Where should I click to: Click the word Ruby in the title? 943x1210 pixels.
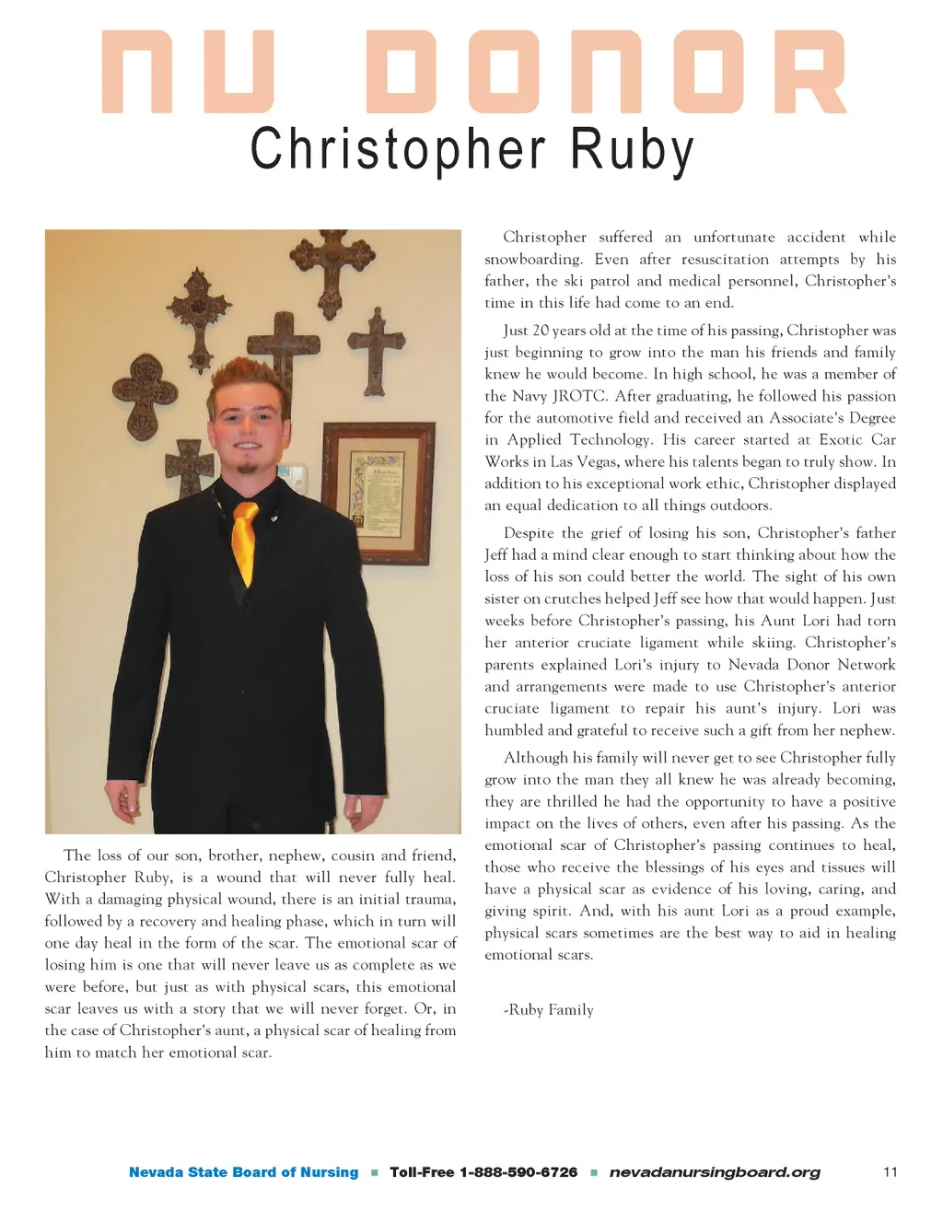(x=632, y=150)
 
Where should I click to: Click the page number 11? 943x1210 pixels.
(x=890, y=1172)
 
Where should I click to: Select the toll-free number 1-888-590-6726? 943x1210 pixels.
(x=483, y=1172)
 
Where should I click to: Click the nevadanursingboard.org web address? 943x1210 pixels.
(x=715, y=1172)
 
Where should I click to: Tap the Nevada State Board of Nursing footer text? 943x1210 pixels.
(x=243, y=1172)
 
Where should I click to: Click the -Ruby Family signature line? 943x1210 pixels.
(x=548, y=1010)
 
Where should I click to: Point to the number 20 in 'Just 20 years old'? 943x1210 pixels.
(x=541, y=331)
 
